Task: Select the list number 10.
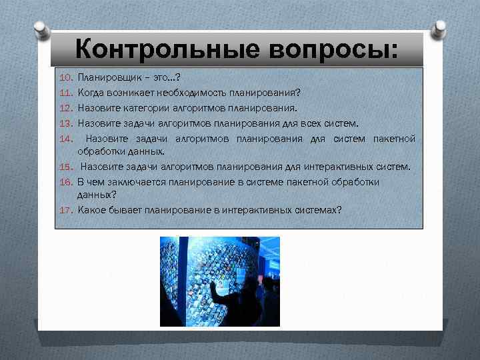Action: (65, 79)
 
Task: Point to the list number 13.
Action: (65, 123)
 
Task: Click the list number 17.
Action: (65, 210)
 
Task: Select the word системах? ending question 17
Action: (319, 210)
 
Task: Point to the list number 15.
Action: (65, 167)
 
